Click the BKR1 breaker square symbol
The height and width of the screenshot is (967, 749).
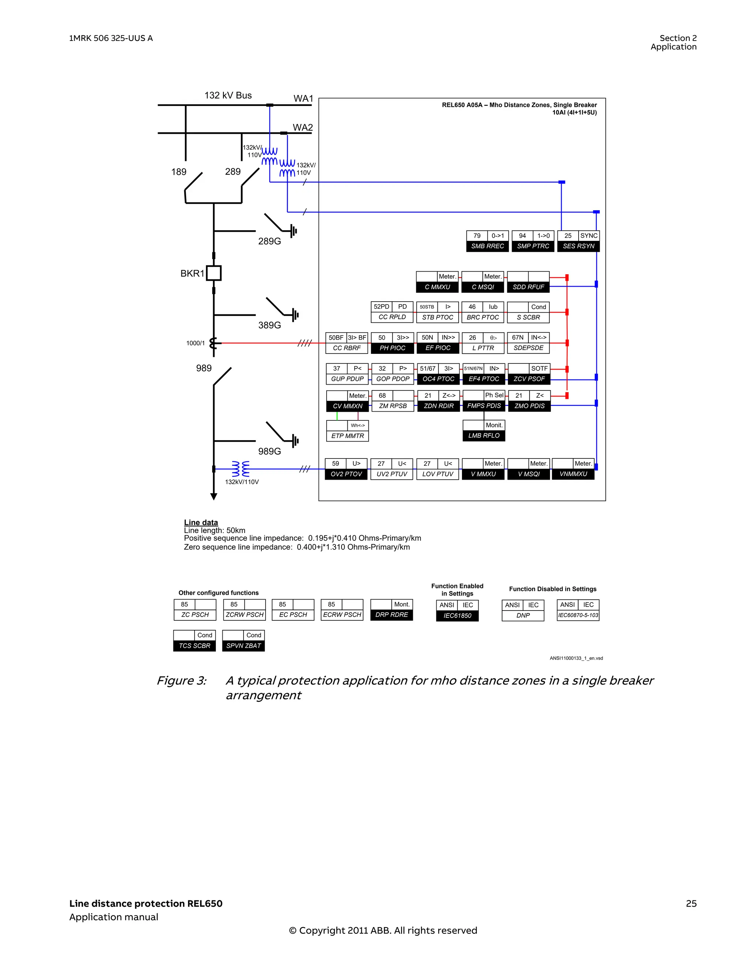[x=214, y=273]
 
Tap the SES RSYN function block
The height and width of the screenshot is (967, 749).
[x=579, y=241]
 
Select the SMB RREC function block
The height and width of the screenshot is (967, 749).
[x=487, y=241]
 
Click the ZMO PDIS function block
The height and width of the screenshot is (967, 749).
[x=529, y=401]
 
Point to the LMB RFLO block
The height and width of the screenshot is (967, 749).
[x=484, y=431]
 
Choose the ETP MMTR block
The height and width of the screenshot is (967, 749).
[x=348, y=431]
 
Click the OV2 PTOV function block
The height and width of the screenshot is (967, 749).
[x=346, y=469]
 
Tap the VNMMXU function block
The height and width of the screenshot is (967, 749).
[x=573, y=469]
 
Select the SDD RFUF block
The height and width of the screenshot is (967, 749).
[x=528, y=282]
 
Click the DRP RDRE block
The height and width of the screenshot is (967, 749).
[x=392, y=610]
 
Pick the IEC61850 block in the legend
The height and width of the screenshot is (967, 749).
[x=458, y=611]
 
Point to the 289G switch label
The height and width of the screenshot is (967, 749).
[x=269, y=241]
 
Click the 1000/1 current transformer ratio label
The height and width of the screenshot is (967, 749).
[x=195, y=343]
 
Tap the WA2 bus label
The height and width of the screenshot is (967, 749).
[x=302, y=128]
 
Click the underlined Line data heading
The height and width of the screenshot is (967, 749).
[x=201, y=522]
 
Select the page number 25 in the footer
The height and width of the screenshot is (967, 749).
[x=691, y=903]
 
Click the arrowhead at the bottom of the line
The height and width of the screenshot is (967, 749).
[x=214, y=497]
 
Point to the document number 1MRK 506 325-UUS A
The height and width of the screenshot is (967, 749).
[x=111, y=38]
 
